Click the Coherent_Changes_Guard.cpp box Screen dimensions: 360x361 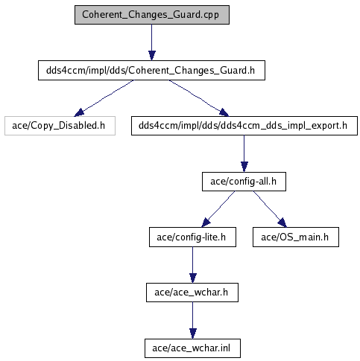pos(152,15)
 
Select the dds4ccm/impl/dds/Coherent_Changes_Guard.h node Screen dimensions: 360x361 pos(151,71)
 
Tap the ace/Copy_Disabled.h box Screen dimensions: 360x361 pos(60,126)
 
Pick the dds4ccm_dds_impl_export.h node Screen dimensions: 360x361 pos(244,126)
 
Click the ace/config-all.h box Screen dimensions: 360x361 pos(244,182)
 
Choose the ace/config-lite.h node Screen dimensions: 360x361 pos(192,237)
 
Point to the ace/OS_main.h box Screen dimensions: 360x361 pos(296,237)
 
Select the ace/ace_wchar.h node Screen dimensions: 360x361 pos(192,293)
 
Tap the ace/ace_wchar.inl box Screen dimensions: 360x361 pos(192,348)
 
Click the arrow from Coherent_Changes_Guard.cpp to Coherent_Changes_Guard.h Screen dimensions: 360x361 pos(152,42)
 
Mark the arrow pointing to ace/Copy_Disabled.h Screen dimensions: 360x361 pos(104,98)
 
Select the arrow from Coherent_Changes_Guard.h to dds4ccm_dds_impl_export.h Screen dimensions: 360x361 pos(199,98)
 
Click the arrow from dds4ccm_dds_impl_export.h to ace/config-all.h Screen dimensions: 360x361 pos(244,153)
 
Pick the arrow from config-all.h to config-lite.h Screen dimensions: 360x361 pos(218,209)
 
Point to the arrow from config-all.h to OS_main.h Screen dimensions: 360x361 pos(270,209)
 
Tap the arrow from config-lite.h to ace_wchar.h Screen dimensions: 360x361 pos(192,265)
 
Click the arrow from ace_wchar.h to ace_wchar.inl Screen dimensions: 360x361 pos(192,320)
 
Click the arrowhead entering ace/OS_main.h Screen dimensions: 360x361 pos(282,223)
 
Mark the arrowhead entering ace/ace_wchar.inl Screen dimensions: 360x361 pos(193,333)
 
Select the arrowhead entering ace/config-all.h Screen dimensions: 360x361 pos(244,167)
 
